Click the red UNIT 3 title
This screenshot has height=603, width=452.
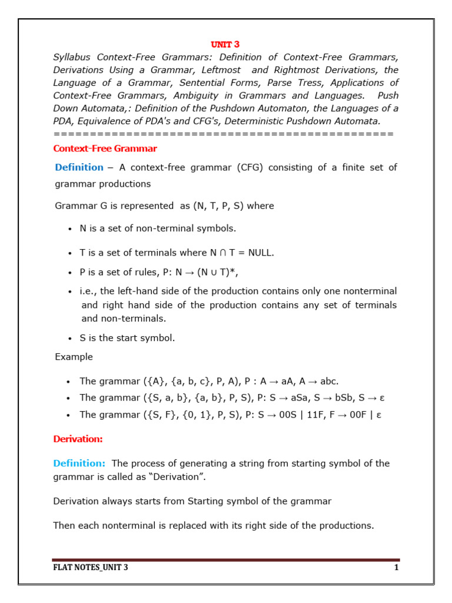coord(225,44)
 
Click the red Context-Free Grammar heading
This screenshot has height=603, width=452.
coord(105,148)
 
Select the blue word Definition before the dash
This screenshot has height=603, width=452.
coord(79,167)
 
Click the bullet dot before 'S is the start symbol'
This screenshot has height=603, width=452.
coord(69,339)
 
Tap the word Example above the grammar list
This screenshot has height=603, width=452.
coord(74,357)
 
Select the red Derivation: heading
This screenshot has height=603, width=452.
coord(78,439)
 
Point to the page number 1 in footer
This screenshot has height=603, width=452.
coord(397,568)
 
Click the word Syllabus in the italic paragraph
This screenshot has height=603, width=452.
coord(72,57)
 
